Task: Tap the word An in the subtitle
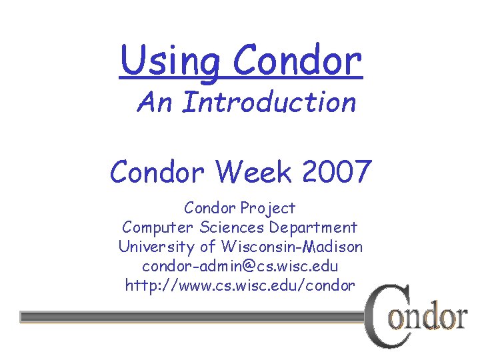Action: pyautogui.click(x=155, y=103)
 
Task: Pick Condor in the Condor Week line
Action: pyautogui.click(x=157, y=171)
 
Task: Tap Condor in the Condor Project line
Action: pyautogui.click(x=211, y=208)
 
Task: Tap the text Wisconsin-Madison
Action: pyautogui.click(x=292, y=247)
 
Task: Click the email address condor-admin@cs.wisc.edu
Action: pyautogui.click(x=240, y=266)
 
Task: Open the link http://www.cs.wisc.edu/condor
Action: pyautogui.click(x=240, y=285)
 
